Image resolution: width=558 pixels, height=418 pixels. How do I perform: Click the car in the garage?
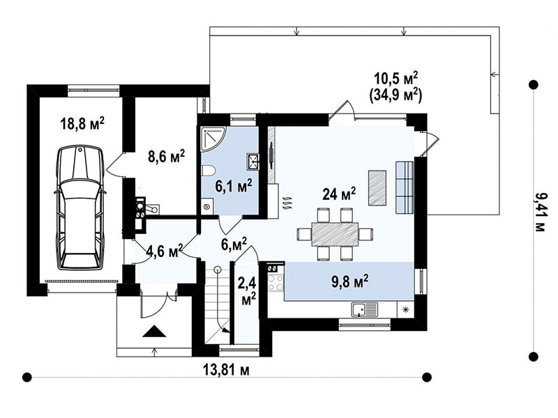(80, 208)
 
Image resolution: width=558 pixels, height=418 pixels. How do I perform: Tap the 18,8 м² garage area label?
(82, 124)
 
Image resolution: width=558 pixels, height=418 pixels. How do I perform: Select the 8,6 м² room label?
(166, 156)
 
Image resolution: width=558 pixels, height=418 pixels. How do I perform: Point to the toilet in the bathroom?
(208, 171)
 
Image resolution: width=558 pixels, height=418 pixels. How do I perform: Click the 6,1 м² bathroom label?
(234, 185)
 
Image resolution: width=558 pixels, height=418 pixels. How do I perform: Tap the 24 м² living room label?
(339, 194)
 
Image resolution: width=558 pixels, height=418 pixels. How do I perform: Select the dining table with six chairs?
(335, 233)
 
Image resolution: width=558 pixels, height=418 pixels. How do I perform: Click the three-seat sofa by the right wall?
(405, 187)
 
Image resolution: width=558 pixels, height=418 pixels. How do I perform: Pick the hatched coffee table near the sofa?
(377, 187)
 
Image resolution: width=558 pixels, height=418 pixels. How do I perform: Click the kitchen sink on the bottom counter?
(365, 309)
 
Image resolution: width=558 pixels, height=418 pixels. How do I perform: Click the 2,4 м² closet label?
(248, 291)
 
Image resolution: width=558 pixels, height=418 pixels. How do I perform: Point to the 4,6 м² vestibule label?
(165, 250)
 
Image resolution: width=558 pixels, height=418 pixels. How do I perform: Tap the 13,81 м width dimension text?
(226, 370)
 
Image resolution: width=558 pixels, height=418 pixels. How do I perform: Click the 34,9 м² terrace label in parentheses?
(395, 95)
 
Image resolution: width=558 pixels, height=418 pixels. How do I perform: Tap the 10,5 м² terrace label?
(395, 78)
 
